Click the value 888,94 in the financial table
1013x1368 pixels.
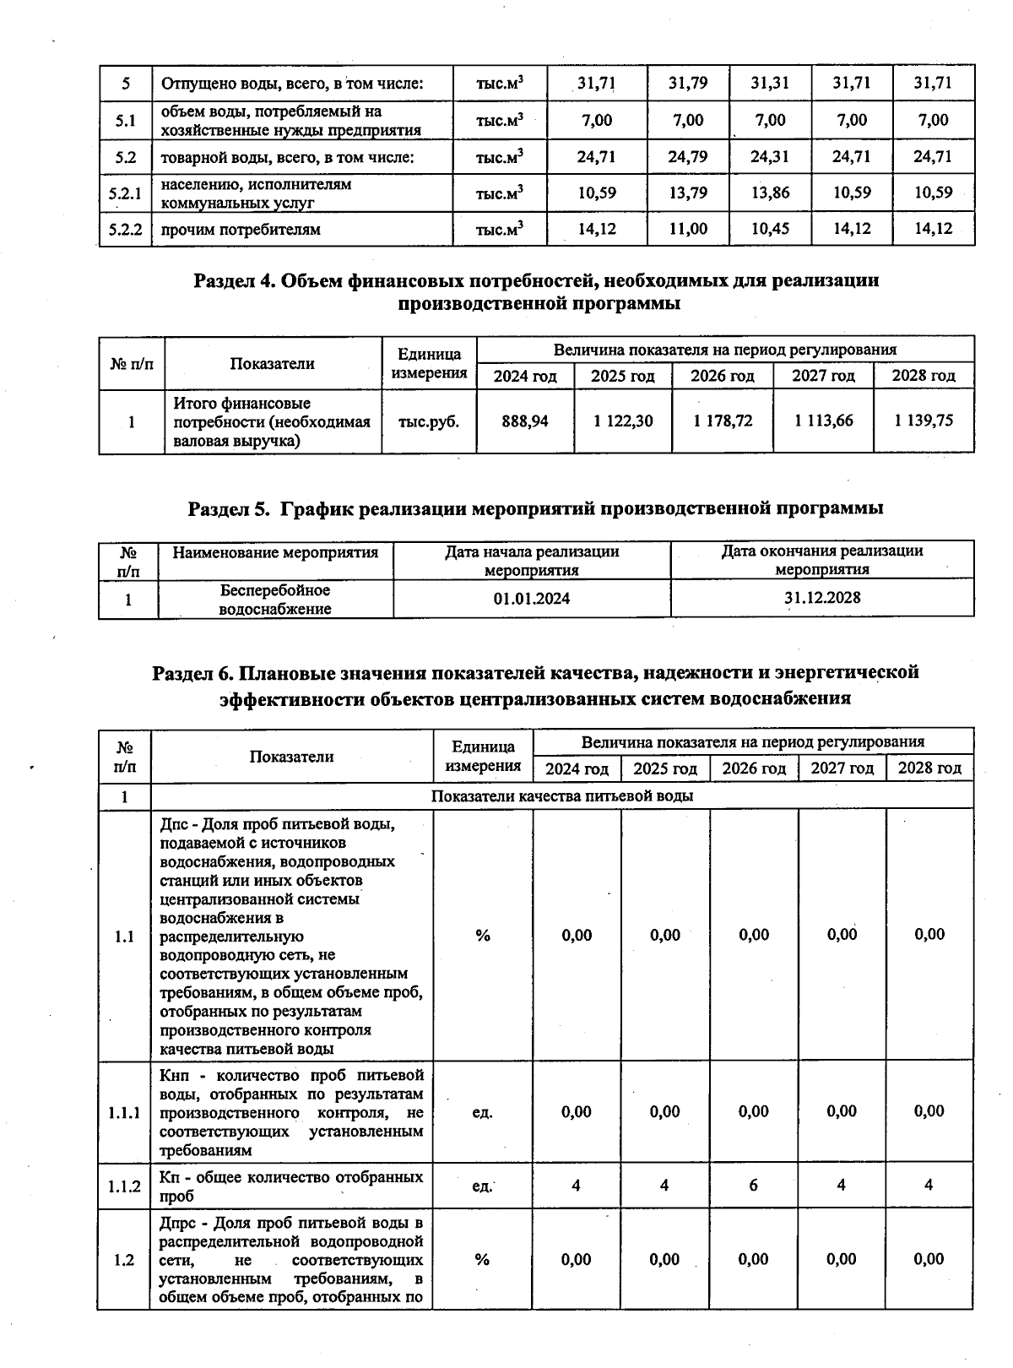point(524,421)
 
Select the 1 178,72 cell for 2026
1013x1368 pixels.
point(723,421)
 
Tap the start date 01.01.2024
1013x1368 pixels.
point(532,599)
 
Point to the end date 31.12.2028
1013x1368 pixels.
point(822,598)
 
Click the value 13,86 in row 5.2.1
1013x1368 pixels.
point(770,193)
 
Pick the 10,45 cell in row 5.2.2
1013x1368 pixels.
point(770,229)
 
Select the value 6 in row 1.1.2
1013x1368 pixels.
point(753,1186)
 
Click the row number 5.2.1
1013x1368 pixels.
point(125,193)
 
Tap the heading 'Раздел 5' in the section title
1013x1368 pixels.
point(228,508)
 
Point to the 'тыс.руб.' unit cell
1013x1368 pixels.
point(429,421)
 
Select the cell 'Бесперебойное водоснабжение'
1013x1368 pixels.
point(275,600)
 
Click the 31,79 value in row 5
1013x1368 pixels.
point(688,83)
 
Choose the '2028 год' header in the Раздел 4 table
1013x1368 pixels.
point(924,376)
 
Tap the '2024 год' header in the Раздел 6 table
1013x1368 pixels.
point(577,768)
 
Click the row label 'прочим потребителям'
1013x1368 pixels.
point(241,230)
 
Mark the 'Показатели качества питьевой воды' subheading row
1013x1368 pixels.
point(562,796)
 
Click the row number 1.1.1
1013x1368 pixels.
point(124,1112)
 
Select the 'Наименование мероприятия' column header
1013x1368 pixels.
point(275,552)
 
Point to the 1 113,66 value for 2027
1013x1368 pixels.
point(823,421)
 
